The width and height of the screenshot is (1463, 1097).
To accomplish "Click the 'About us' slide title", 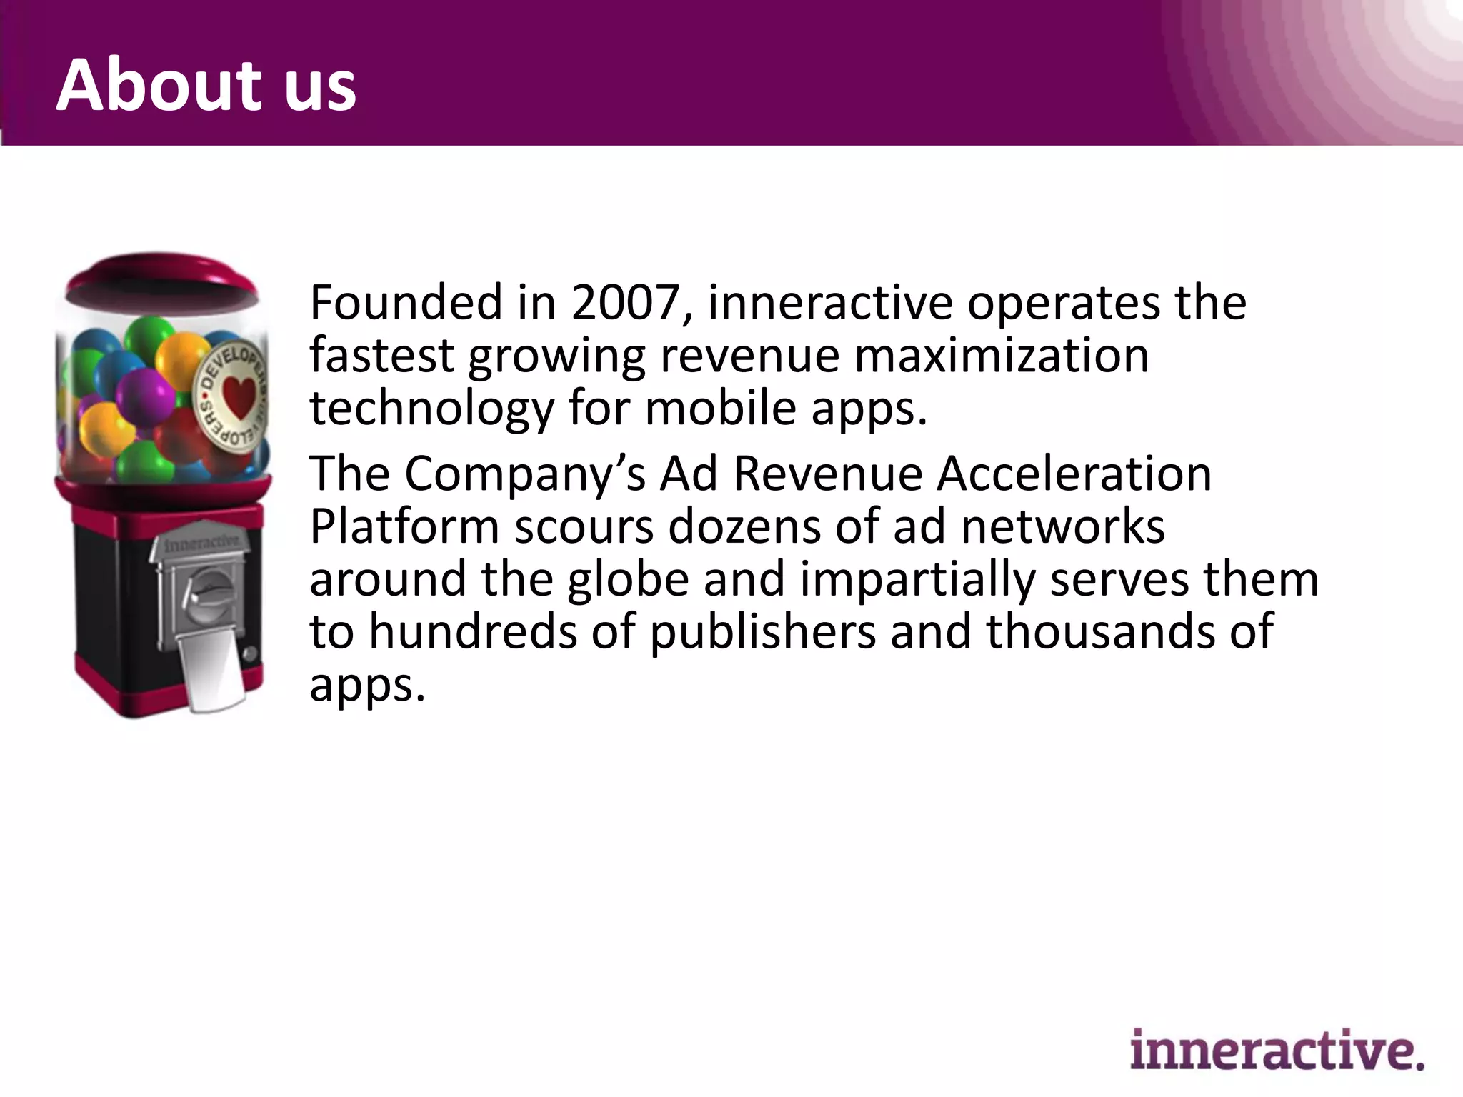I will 206,85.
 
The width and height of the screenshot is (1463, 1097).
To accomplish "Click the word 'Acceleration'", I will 1074,474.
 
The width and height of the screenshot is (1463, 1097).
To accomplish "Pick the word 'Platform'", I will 404,526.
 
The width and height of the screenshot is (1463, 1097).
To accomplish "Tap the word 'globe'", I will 627,579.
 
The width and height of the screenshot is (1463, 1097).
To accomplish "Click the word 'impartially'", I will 917,579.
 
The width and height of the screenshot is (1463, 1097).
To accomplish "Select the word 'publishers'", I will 762,632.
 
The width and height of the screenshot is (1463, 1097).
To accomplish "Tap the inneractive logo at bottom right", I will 1277,1049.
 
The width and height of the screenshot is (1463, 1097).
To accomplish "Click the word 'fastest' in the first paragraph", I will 381,356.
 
